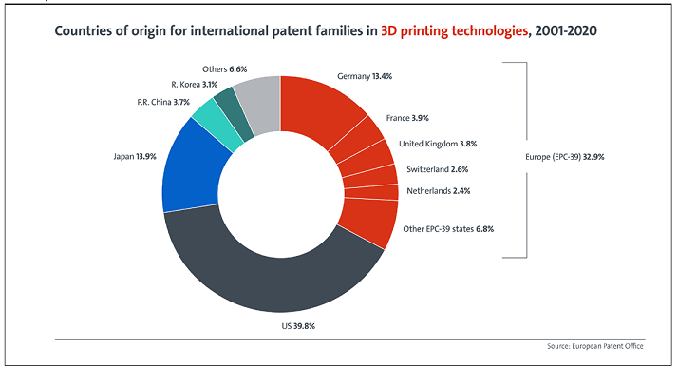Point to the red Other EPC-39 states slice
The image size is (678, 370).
[369, 221]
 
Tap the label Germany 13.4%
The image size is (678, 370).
[365, 76]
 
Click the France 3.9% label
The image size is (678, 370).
[407, 118]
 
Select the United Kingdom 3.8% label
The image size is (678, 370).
[438, 144]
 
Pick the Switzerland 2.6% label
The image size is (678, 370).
[437, 169]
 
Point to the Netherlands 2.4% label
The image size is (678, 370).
[439, 191]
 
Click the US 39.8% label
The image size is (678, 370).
[298, 326]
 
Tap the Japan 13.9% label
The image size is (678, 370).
[135, 156]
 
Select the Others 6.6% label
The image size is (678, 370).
[224, 69]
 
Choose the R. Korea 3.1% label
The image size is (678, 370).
[194, 85]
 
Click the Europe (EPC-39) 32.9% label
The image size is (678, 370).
[565, 157]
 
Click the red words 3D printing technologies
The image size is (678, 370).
[454, 30]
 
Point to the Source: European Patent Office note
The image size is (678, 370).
[595, 346]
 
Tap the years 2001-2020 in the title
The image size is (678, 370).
[566, 30]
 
